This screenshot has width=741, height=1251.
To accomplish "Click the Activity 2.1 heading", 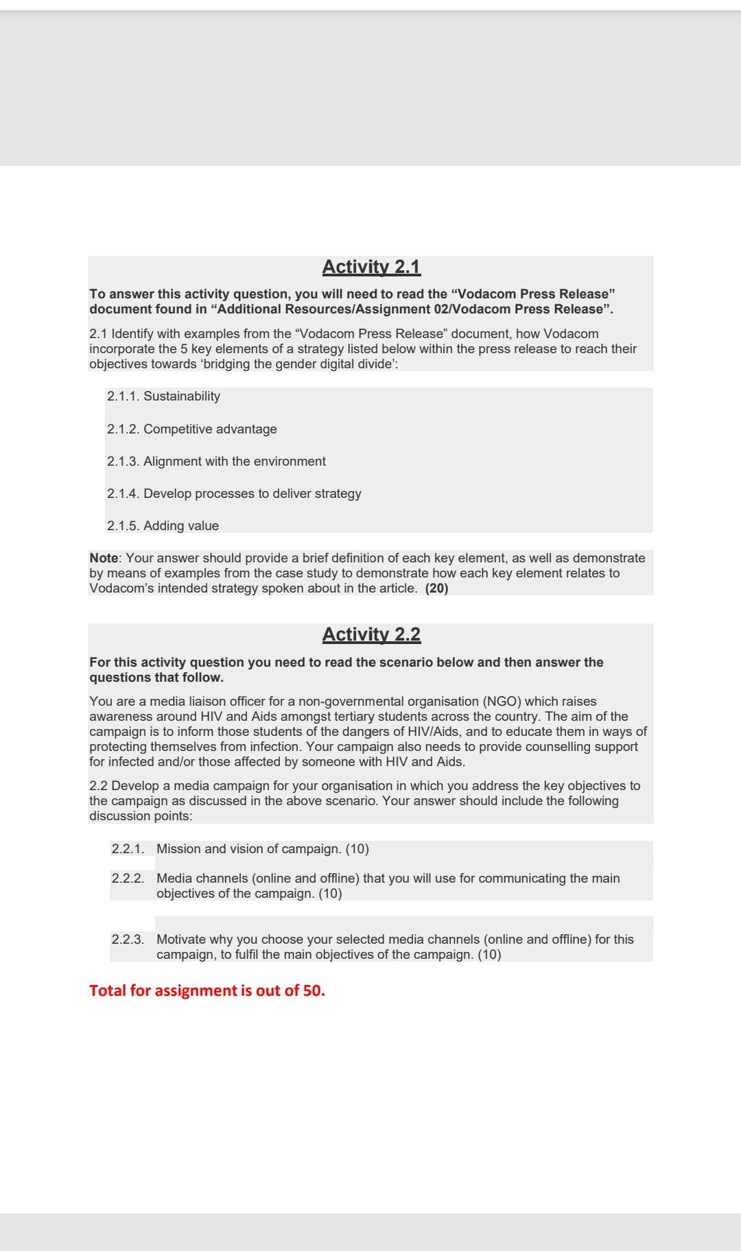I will [371, 267].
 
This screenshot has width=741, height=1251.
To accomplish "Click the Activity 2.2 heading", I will [371, 634].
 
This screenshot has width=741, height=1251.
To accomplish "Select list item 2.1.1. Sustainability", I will [163, 396].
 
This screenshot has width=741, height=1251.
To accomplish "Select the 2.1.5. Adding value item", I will [163, 526].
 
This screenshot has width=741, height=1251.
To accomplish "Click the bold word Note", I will [104, 558].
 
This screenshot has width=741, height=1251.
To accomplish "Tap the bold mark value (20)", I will [437, 588].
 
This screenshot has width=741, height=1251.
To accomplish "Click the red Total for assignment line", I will [207, 990].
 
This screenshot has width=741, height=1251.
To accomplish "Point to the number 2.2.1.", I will [128, 849].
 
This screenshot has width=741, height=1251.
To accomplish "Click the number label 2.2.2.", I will [128, 879].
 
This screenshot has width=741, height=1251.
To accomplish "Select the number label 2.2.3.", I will [128, 940].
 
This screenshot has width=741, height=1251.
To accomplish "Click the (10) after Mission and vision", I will [357, 849].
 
